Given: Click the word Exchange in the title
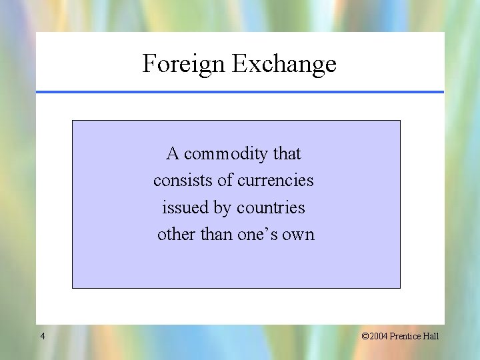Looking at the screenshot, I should (x=284, y=64).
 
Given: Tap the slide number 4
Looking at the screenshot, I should (x=43, y=336).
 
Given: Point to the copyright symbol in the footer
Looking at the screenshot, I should (x=365, y=336).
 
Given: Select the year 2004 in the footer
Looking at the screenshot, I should (x=378, y=336).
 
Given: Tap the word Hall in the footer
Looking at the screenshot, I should (x=431, y=336).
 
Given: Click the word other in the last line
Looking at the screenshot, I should (x=173, y=235).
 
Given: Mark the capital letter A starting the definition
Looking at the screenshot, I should (x=173, y=154).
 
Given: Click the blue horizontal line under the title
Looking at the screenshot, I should (x=240, y=92).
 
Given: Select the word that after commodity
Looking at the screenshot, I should (x=287, y=154).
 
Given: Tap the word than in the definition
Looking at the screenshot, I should (x=213, y=235).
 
